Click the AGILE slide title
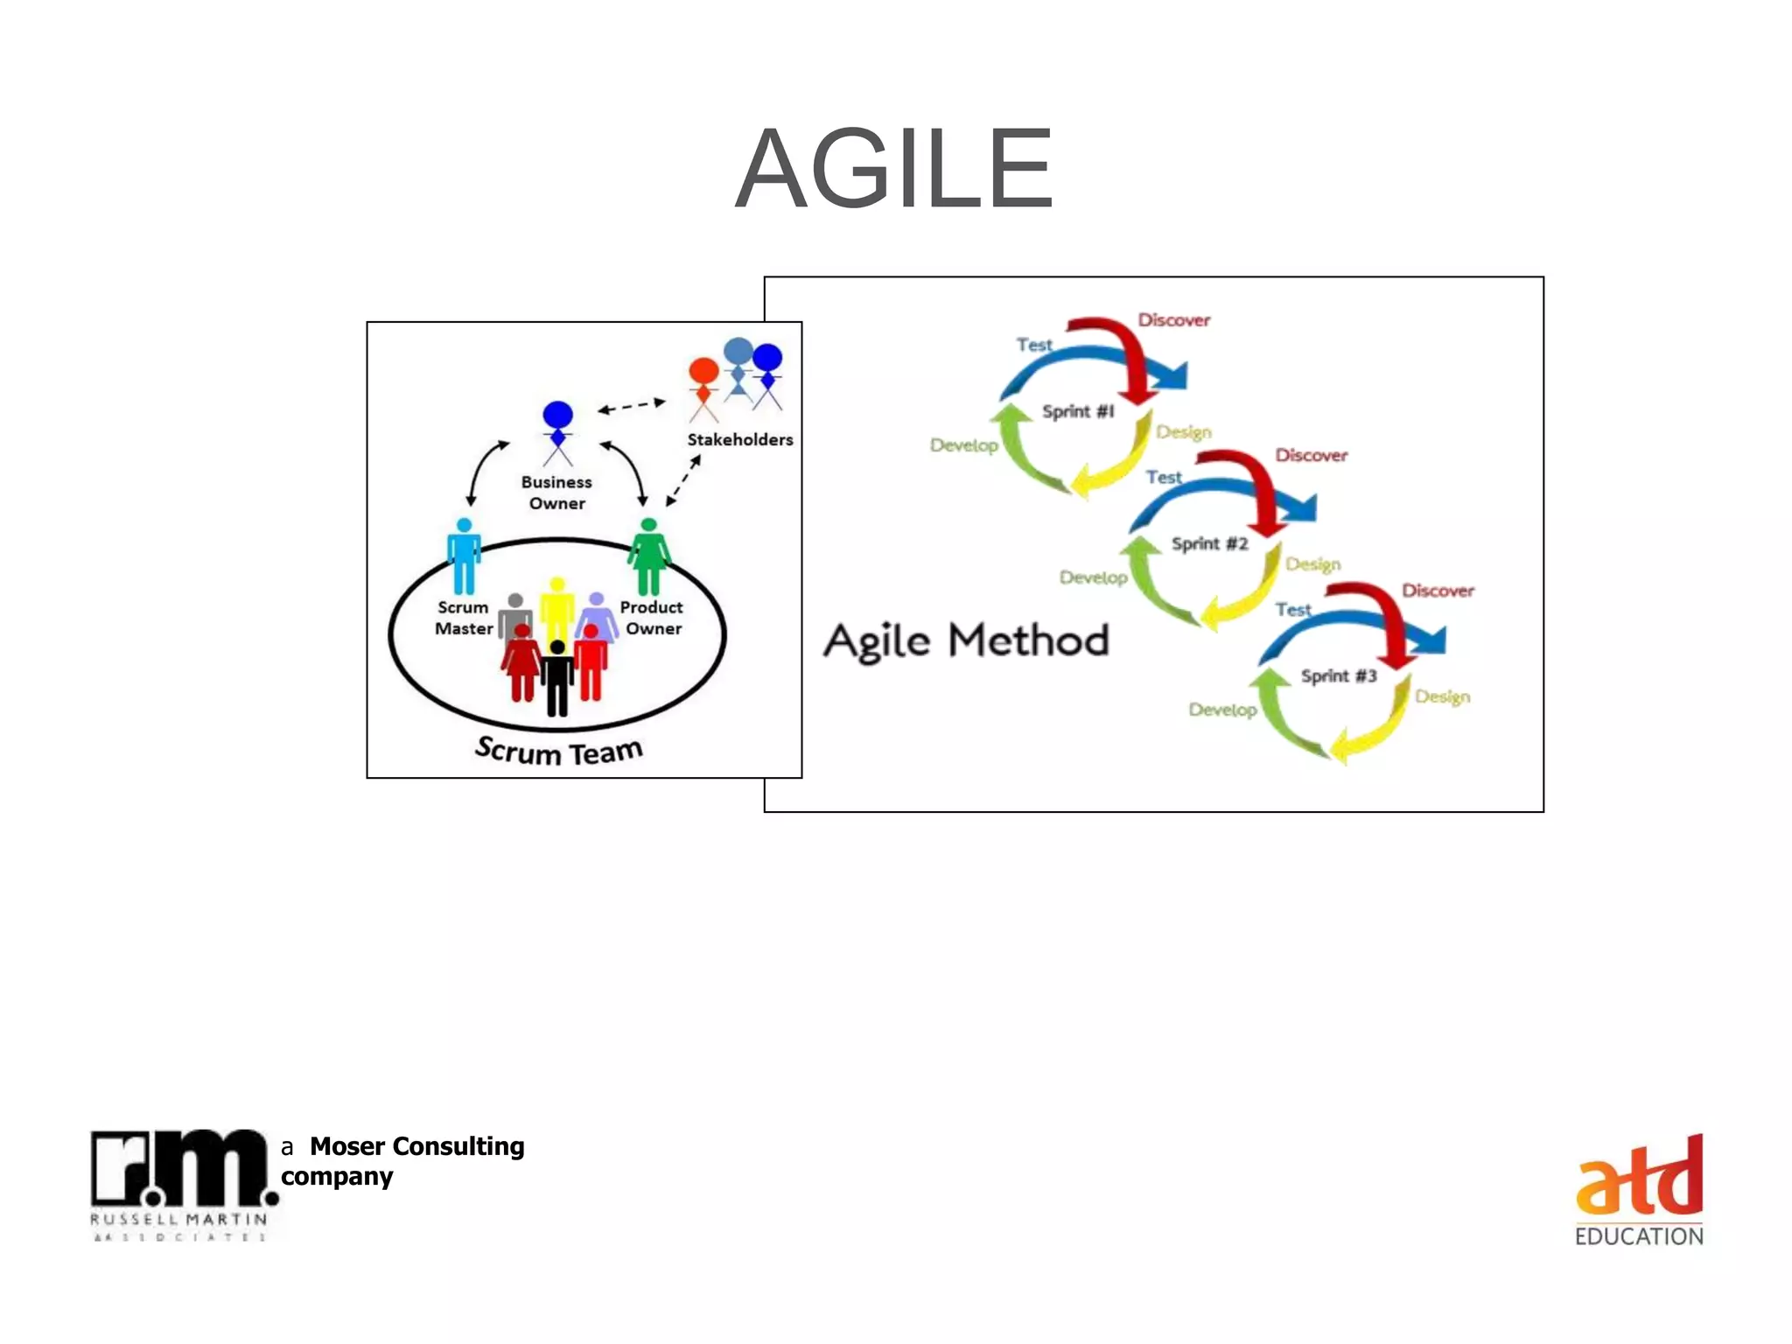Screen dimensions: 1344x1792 (x=894, y=170)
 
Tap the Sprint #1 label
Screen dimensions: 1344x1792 (x=1078, y=411)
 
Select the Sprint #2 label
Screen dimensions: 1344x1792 (x=1209, y=543)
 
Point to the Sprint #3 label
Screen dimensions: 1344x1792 (x=1338, y=675)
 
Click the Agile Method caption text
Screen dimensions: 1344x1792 (x=966, y=641)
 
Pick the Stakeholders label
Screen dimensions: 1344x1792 (x=739, y=439)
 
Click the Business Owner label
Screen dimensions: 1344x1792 (x=556, y=493)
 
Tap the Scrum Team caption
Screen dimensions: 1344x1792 (x=559, y=751)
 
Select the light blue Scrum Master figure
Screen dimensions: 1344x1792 (x=464, y=556)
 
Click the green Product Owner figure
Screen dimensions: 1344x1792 (x=649, y=556)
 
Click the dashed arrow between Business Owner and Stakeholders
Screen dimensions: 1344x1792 (x=631, y=406)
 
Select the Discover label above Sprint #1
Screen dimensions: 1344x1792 (x=1173, y=320)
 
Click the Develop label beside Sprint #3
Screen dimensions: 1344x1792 (x=1222, y=710)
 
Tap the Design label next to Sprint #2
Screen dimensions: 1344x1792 (x=1312, y=564)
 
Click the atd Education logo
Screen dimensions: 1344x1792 (x=1639, y=1190)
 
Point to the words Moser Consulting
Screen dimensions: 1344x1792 (x=416, y=1146)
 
